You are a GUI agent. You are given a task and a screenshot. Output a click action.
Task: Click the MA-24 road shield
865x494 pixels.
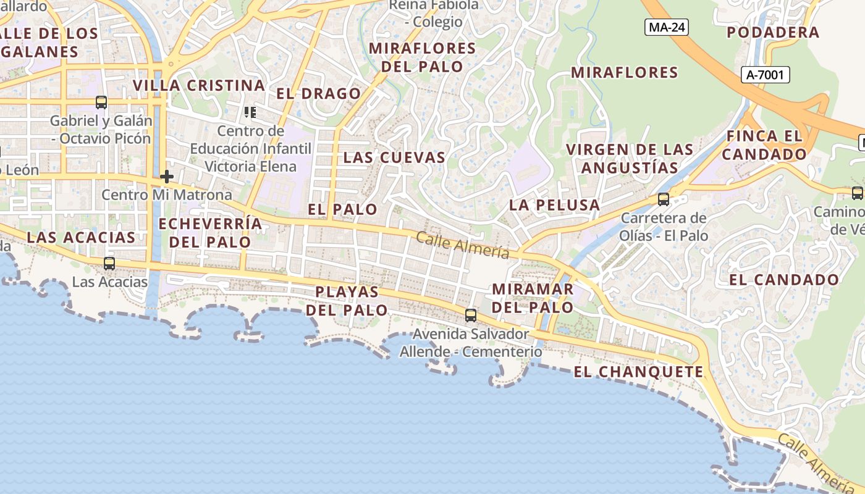(x=666, y=27)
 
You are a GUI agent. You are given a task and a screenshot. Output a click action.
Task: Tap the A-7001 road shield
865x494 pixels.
(x=765, y=75)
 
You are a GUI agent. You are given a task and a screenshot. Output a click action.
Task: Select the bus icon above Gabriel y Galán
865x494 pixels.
(x=101, y=103)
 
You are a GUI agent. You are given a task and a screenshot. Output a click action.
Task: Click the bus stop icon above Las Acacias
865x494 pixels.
(x=109, y=264)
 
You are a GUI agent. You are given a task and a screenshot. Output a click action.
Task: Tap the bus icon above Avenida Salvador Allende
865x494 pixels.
(x=471, y=316)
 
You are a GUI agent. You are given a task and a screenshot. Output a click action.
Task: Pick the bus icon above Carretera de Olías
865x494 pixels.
(x=664, y=199)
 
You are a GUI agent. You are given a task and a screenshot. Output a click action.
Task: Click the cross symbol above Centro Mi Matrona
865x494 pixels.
(x=166, y=177)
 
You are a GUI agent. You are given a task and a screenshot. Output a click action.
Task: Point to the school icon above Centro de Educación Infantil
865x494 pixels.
(x=250, y=112)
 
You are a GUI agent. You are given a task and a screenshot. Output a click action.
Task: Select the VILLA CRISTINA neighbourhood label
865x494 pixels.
(x=199, y=85)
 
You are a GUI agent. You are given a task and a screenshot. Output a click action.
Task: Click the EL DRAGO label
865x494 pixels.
(x=318, y=94)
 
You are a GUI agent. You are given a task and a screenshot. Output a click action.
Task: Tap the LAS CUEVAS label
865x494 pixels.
(x=394, y=157)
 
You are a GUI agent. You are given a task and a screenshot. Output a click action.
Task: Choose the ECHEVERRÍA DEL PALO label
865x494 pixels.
(x=210, y=232)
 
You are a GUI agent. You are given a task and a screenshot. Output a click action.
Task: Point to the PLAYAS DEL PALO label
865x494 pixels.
(x=347, y=301)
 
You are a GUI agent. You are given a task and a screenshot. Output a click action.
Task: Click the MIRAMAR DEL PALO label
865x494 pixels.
(x=533, y=298)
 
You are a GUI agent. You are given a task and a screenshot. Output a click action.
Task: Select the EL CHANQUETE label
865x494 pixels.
(x=638, y=372)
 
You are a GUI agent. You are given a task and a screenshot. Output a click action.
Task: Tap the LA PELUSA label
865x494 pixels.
(x=554, y=205)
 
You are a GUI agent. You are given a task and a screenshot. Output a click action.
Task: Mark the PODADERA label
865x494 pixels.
(x=773, y=32)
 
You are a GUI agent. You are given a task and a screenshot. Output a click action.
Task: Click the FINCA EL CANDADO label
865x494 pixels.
(x=764, y=145)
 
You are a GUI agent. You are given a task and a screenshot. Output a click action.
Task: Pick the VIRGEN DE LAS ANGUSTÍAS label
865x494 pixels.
(x=630, y=158)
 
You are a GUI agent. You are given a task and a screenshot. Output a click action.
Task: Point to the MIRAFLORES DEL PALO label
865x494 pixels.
(x=423, y=57)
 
